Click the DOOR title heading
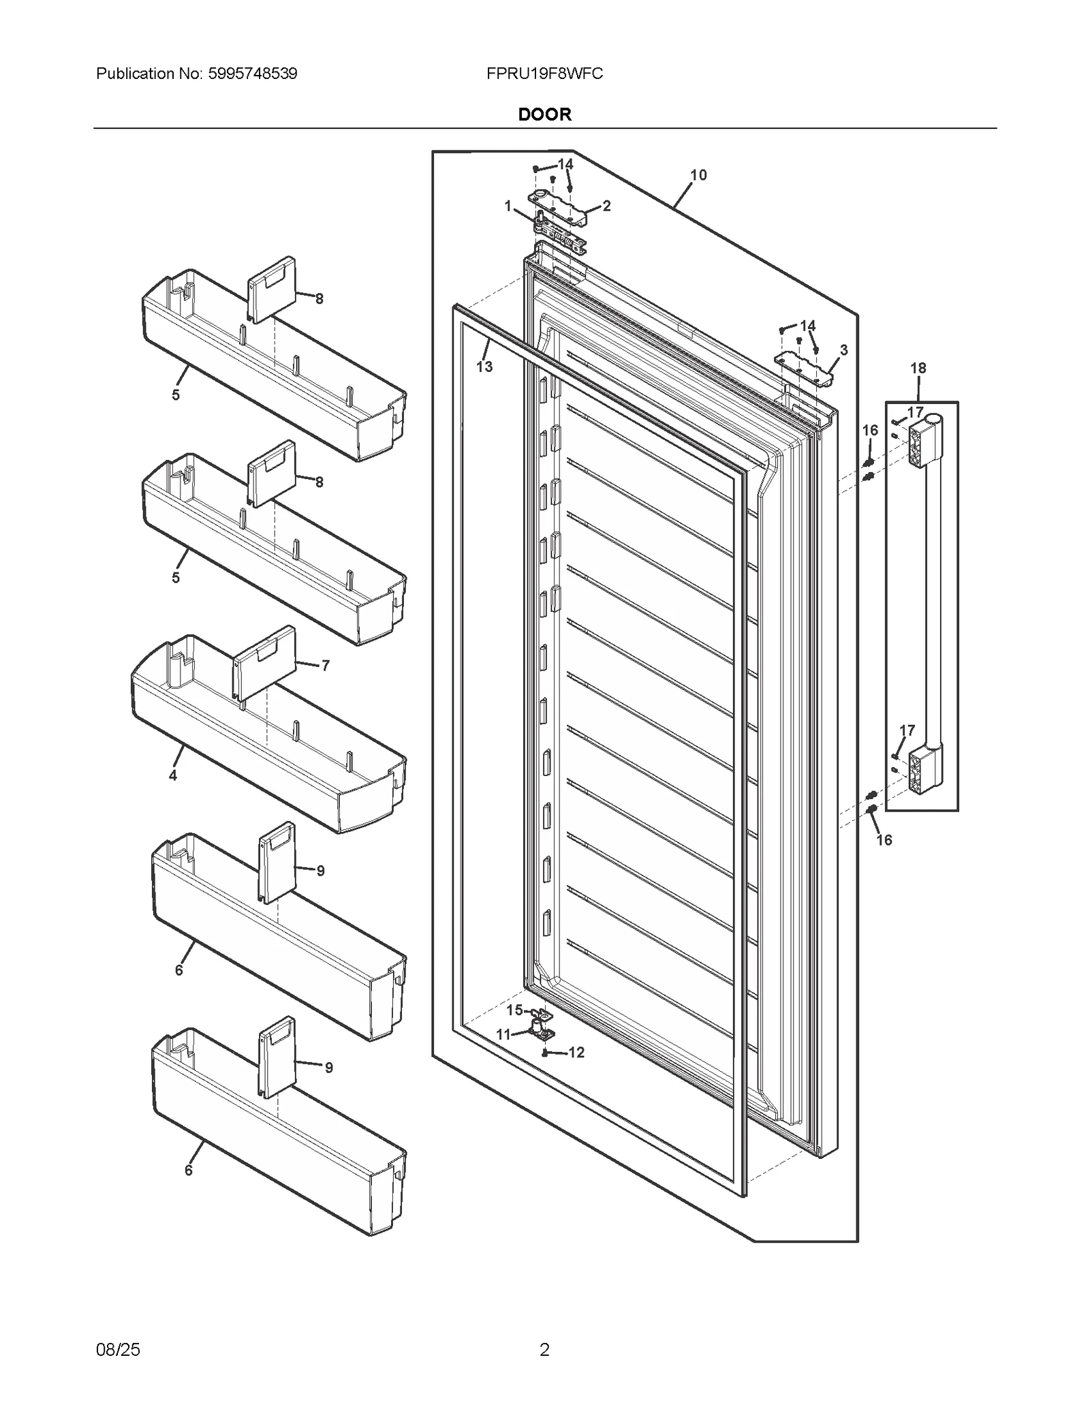[x=544, y=114]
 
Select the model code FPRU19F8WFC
[x=544, y=74]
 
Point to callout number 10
[x=698, y=175]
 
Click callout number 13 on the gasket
[x=484, y=367]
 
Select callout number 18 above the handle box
[x=918, y=368]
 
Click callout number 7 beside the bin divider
[x=325, y=666]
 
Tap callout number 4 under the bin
[x=173, y=775]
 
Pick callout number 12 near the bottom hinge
[x=576, y=1053]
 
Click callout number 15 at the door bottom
[x=514, y=1010]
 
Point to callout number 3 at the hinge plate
[x=843, y=350]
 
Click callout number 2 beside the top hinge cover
[x=606, y=206]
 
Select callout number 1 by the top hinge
[x=508, y=206]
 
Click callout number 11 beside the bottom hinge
[x=503, y=1034]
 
